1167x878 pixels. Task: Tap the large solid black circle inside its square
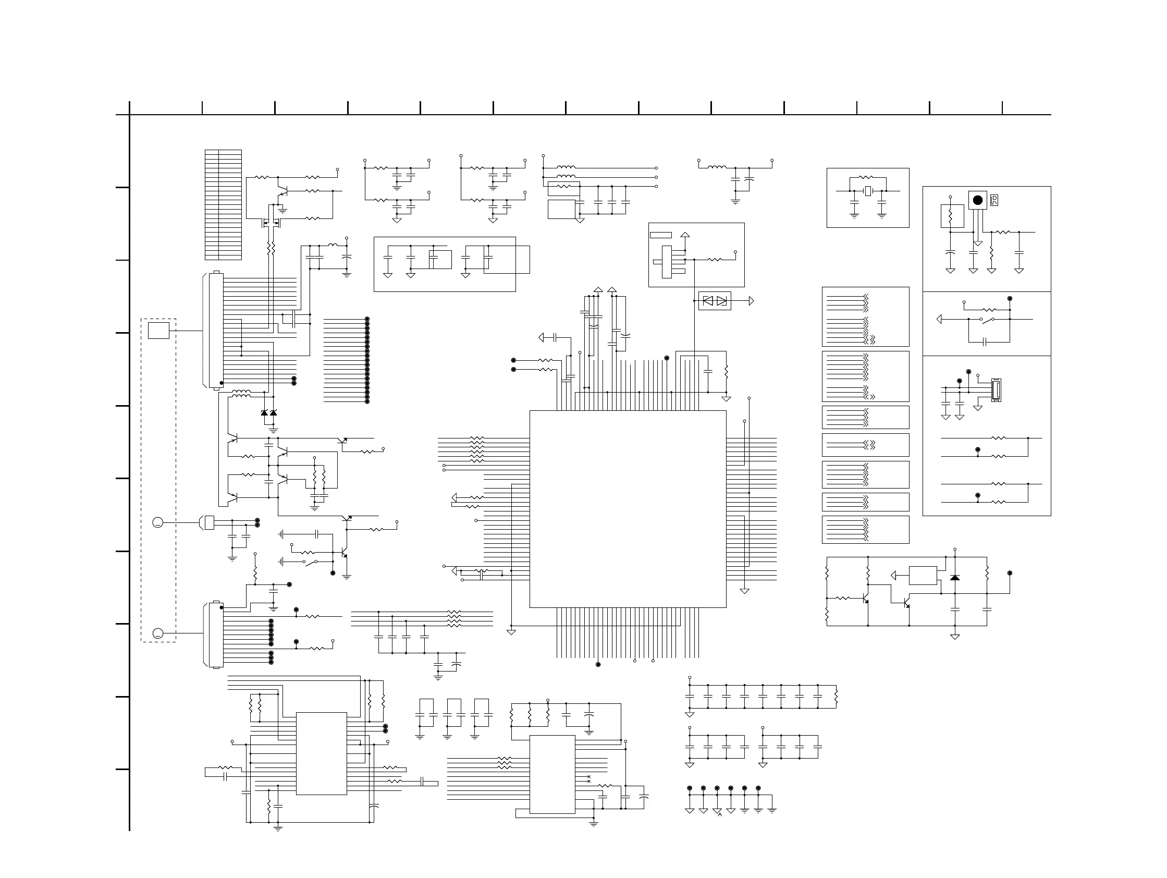point(978,200)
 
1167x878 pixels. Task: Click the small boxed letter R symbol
point(994,201)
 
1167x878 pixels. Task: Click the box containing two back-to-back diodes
point(715,301)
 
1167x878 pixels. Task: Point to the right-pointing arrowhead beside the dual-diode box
point(751,301)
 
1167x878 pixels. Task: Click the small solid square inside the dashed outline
point(158,331)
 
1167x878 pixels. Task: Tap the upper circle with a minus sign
point(158,522)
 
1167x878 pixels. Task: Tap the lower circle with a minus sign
point(158,633)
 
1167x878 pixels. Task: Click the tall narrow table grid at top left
point(223,205)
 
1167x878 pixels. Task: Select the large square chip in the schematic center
point(628,509)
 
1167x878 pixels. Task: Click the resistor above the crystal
point(866,178)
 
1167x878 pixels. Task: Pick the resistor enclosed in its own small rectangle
point(952,216)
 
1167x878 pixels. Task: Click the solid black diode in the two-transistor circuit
point(955,578)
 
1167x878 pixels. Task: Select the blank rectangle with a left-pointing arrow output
point(923,576)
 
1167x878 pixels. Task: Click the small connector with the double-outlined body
point(996,391)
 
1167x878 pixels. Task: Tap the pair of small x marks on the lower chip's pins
point(589,779)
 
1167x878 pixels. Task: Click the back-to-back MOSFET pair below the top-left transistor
point(271,223)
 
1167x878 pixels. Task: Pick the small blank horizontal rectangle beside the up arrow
point(660,235)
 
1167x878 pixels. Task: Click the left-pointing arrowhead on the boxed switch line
point(939,319)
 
